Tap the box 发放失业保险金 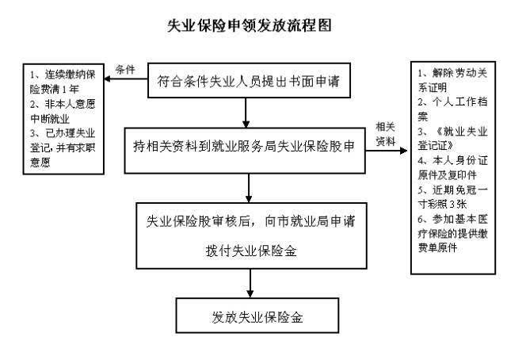tap(251, 316)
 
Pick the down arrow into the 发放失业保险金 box tap(251, 282)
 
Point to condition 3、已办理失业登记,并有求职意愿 tap(57, 148)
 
